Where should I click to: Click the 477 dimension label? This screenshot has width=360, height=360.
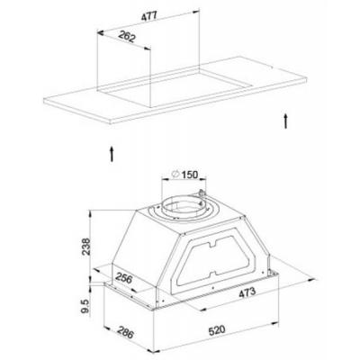[149, 15]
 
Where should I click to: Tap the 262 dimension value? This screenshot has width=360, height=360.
[127, 36]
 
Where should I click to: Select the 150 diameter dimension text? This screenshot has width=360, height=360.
[190, 174]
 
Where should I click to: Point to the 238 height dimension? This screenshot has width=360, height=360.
[85, 247]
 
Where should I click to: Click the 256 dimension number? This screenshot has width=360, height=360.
[123, 278]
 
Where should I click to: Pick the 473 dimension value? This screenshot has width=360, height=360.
[247, 292]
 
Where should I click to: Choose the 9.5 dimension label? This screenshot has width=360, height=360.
[85, 306]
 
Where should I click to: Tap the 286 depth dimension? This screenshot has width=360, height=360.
[125, 332]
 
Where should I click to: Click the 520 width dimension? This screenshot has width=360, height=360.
[217, 330]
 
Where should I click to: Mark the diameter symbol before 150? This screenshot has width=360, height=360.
[175, 174]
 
